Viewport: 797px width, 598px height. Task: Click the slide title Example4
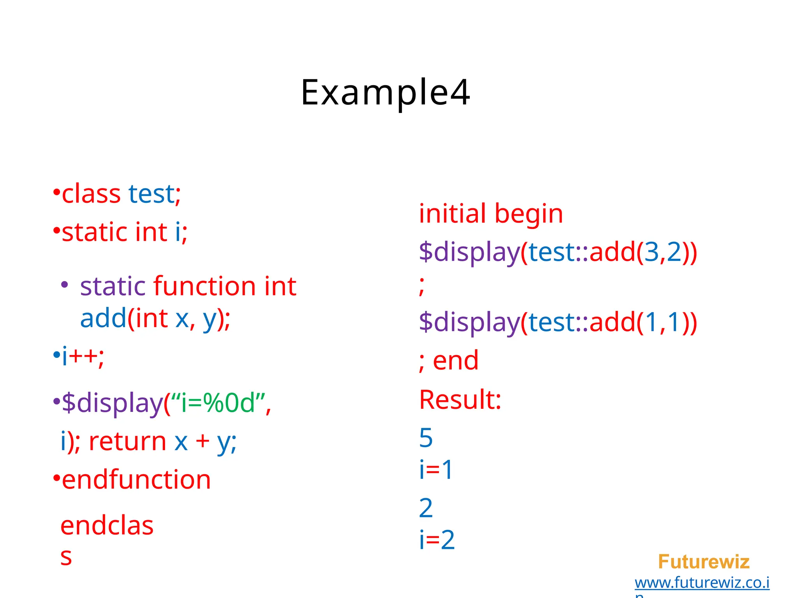tap(385, 93)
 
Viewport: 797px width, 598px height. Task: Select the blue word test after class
tap(152, 193)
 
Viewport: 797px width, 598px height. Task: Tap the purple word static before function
tap(113, 286)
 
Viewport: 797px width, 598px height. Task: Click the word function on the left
tap(205, 286)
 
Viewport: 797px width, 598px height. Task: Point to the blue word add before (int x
tap(103, 318)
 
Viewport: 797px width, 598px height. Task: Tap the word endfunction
tap(136, 479)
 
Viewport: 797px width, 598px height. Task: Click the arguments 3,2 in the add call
tap(663, 252)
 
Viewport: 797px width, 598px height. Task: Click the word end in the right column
tap(456, 360)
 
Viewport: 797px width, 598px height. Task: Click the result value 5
tap(426, 438)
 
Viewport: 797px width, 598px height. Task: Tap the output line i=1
tap(436, 469)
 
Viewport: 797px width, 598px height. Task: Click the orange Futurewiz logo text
tap(704, 562)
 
